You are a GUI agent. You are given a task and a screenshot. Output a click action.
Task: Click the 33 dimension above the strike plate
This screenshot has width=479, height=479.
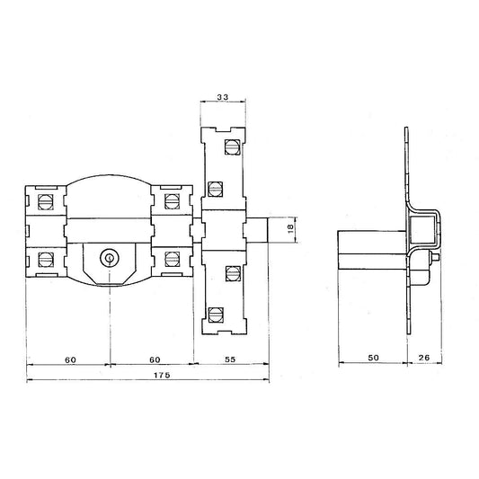tap(223, 97)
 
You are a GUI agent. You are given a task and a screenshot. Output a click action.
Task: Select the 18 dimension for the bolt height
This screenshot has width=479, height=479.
tap(290, 227)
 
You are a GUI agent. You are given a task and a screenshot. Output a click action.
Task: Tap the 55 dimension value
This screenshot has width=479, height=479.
tap(230, 359)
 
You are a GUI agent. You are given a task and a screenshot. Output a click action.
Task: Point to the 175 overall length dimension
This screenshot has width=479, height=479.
tap(162, 375)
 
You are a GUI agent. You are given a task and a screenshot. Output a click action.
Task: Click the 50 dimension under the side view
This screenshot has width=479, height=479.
tap(373, 358)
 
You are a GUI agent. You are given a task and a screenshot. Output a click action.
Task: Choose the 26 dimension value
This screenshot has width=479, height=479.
tap(423, 358)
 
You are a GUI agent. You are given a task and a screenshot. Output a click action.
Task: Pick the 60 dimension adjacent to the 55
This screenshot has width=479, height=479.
tap(155, 359)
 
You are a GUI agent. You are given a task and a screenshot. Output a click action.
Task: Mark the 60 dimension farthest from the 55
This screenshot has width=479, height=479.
tap(71, 359)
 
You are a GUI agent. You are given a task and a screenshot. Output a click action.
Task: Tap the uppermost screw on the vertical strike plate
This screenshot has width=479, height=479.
tap(233, 146)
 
